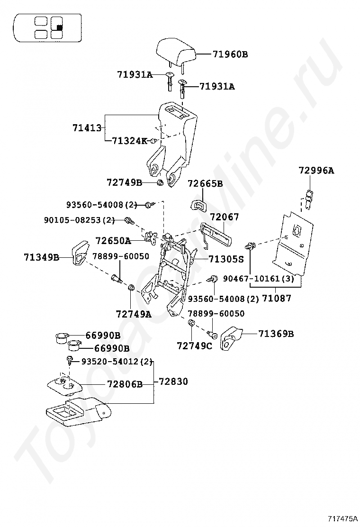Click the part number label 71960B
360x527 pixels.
click(230, 55)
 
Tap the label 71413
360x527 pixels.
click(87, 128)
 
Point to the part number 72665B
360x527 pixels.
click(205, 183)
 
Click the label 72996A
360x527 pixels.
click(316, 171)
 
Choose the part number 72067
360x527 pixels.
click(225, 217)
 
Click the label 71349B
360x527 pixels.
click(42, 257)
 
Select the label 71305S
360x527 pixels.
click(226, 259)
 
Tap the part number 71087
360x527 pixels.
click(277, 298)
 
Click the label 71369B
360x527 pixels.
click(276, 334)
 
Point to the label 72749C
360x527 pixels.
click(195, 346)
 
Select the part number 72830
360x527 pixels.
click(173, 382)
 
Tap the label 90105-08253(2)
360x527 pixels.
click(80, 220)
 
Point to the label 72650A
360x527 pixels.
click(113, 240)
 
